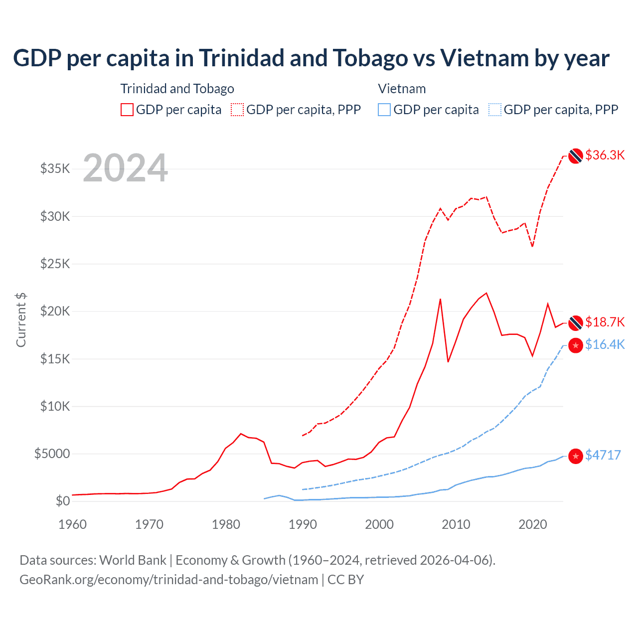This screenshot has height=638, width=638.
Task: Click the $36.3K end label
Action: pos(605,155)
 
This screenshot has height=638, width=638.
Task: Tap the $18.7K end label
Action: pos(605,322)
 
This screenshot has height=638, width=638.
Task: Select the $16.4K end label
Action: pos(605,344)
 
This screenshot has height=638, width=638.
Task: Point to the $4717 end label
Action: pos(603,455)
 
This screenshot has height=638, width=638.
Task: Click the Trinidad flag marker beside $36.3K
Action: pos(576,156)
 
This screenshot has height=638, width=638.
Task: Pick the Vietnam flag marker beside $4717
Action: pos(576,456)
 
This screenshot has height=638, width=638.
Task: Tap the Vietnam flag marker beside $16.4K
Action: pos(576,345)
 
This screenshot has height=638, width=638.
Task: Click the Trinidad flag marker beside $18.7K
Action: pos(576,323)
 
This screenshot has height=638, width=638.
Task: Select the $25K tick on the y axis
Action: pos(55,264)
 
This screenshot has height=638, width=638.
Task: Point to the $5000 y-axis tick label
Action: pos(52,454)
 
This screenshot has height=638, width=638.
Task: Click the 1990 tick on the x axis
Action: pos(303,524)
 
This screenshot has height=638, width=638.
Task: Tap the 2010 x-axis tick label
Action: pos(456,524)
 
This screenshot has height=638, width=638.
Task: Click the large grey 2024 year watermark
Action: pos(125,168)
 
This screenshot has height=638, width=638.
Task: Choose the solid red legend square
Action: pos(127,110)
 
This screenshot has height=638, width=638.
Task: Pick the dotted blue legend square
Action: pos(495,110)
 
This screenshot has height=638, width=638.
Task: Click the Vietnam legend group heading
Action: pos(402,89)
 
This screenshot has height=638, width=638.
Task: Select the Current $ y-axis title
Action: pos(21,320)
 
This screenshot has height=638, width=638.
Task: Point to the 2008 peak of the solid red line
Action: pos(440,299)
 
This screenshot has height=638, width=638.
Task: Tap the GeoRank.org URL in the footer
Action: pos(168,580)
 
